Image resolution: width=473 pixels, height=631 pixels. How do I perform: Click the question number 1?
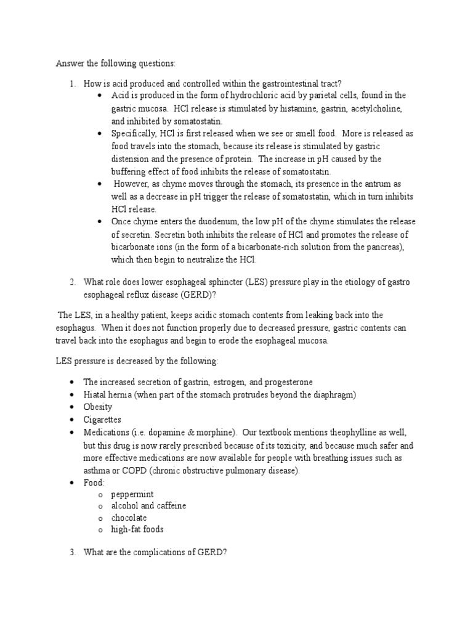point(72,83)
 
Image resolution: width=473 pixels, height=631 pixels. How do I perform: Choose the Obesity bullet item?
point(98,407)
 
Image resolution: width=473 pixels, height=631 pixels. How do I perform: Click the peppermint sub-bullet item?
point(132,495)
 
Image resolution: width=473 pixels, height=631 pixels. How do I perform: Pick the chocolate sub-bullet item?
point(129,518)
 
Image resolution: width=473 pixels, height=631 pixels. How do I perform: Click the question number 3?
point(72,552)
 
